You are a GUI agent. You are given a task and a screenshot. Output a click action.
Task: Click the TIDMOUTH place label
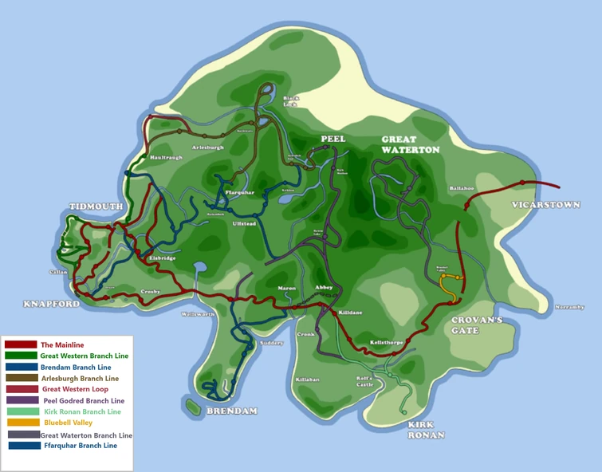(96, 206)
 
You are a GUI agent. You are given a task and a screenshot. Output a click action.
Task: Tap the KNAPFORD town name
(51, 305)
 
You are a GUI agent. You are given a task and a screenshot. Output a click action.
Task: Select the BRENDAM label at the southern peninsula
(232, 411)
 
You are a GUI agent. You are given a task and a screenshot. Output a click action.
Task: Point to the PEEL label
(333, 139)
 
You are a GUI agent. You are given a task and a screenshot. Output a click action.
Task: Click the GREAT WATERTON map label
(410, 144)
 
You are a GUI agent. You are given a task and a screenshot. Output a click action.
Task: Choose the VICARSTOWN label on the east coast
(546, 205)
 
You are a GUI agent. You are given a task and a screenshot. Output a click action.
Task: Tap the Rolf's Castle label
(364, 382)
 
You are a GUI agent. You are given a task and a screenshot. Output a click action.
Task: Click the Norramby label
(569, 307)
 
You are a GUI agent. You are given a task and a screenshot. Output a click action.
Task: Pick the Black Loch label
(291, 102)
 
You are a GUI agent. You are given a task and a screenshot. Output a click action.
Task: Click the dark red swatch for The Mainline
(21, 344)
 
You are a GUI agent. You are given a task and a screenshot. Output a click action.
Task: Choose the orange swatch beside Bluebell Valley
(21, 423)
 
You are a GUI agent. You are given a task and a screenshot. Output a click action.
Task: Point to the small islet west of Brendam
(192, 407)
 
